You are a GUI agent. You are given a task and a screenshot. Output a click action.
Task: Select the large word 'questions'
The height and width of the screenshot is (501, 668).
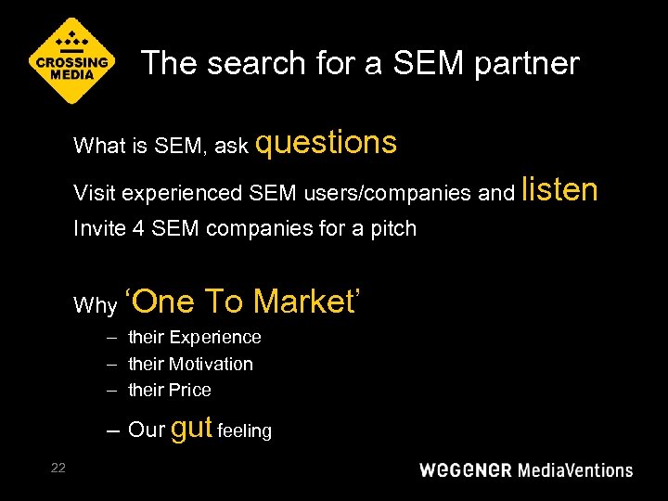coord(326,143)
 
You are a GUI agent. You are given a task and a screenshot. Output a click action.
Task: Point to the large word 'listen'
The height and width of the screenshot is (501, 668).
coord(559,189)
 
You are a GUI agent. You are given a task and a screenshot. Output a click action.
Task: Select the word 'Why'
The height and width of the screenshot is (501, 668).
coord(95,306)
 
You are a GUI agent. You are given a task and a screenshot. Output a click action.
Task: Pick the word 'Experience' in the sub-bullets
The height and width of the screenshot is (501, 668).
coord(216,337)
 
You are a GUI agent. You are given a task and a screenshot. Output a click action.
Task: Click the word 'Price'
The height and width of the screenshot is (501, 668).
coord(189,390)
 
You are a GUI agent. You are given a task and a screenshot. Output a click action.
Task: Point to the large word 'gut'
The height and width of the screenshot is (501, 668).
coord(192,428)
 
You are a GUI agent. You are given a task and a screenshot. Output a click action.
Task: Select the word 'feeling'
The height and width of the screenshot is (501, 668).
coord(245,431)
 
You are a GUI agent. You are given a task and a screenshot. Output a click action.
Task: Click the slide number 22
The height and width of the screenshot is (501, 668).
coord(58,468)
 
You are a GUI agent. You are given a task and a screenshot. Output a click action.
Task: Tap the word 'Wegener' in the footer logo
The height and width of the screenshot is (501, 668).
coord(465,469)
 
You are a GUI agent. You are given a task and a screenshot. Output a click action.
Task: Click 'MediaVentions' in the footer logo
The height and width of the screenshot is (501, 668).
coord(574,469)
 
